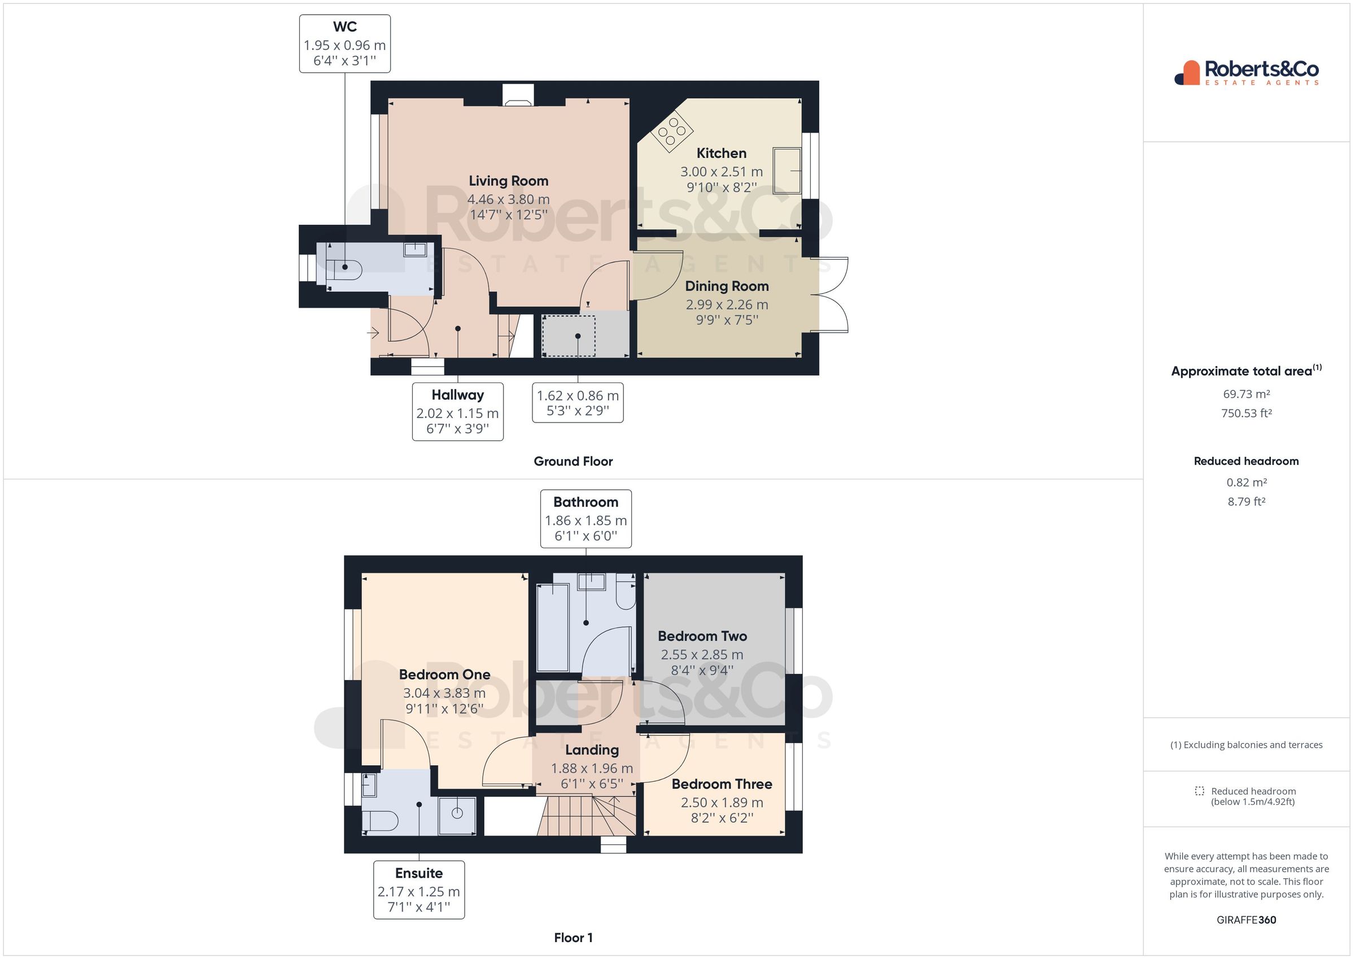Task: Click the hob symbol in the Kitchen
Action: [672, 130]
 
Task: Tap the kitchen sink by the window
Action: [787, 171]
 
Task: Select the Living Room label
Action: [508, 181]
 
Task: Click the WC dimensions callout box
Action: [344, 44]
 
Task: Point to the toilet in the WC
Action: [347, 270]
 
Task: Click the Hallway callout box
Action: [457, 411]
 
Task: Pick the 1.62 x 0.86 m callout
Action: [577, 403]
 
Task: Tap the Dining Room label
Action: [727, 286]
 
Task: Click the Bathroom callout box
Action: [585, 518]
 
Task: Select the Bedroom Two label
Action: [702, 636]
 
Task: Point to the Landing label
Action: [591, 750]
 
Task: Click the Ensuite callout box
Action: [418, 890]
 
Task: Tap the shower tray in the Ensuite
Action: [457, 816]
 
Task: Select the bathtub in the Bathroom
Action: [552, 627]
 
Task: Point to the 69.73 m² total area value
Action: [1246, 394]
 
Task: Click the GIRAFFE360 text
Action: [1246, 920]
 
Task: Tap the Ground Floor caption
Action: [572, 461]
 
